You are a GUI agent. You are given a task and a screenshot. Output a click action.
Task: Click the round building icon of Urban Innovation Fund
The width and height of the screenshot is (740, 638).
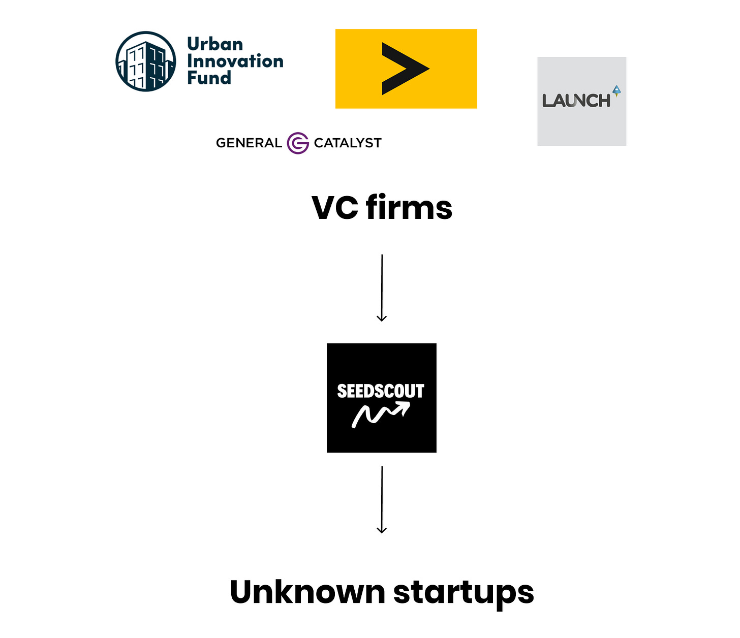coord(146,61)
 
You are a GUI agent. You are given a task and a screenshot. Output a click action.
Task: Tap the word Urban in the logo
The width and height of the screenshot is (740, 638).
coord(215,44)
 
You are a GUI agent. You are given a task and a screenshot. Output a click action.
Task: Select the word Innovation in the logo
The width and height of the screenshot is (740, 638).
coord(235,61)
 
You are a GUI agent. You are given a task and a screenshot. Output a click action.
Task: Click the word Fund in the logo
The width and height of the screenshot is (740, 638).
coord(209,78)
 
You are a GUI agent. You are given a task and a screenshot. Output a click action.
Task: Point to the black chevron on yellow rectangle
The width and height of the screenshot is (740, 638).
coord(405,69)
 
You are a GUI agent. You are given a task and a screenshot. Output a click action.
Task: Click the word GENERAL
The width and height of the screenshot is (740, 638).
coord(249,143)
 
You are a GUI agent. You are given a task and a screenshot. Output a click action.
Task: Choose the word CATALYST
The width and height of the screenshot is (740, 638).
coord(348,143)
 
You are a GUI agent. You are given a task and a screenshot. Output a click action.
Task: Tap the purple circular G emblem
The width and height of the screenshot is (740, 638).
coord(298,143)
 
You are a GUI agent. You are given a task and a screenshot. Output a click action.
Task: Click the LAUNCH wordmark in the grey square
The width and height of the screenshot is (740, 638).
coord(576,101)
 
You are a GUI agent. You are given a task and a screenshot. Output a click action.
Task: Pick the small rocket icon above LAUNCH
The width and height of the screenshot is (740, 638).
coord(616,91)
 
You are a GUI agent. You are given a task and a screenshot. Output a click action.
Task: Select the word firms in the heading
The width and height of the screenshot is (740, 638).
coord(409,208)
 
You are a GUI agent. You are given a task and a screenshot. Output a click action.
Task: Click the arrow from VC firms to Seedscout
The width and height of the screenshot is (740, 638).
coord(382,287)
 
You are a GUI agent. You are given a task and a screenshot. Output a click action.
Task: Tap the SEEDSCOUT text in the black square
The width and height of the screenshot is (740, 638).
coord(381,391)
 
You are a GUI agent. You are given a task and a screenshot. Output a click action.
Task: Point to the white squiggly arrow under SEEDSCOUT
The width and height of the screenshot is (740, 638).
coord(381,414)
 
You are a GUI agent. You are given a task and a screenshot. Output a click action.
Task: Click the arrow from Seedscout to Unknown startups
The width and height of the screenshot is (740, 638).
coord(382,499)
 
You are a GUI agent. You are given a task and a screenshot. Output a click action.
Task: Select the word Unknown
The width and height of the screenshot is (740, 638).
coord(307,592)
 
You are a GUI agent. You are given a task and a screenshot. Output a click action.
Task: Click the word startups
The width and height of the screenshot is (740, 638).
coord(464,593)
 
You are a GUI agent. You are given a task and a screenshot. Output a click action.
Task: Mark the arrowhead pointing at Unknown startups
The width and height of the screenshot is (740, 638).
coord(382,530)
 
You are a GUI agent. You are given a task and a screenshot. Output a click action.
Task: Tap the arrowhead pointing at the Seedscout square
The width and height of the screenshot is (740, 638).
coord(382,318)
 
